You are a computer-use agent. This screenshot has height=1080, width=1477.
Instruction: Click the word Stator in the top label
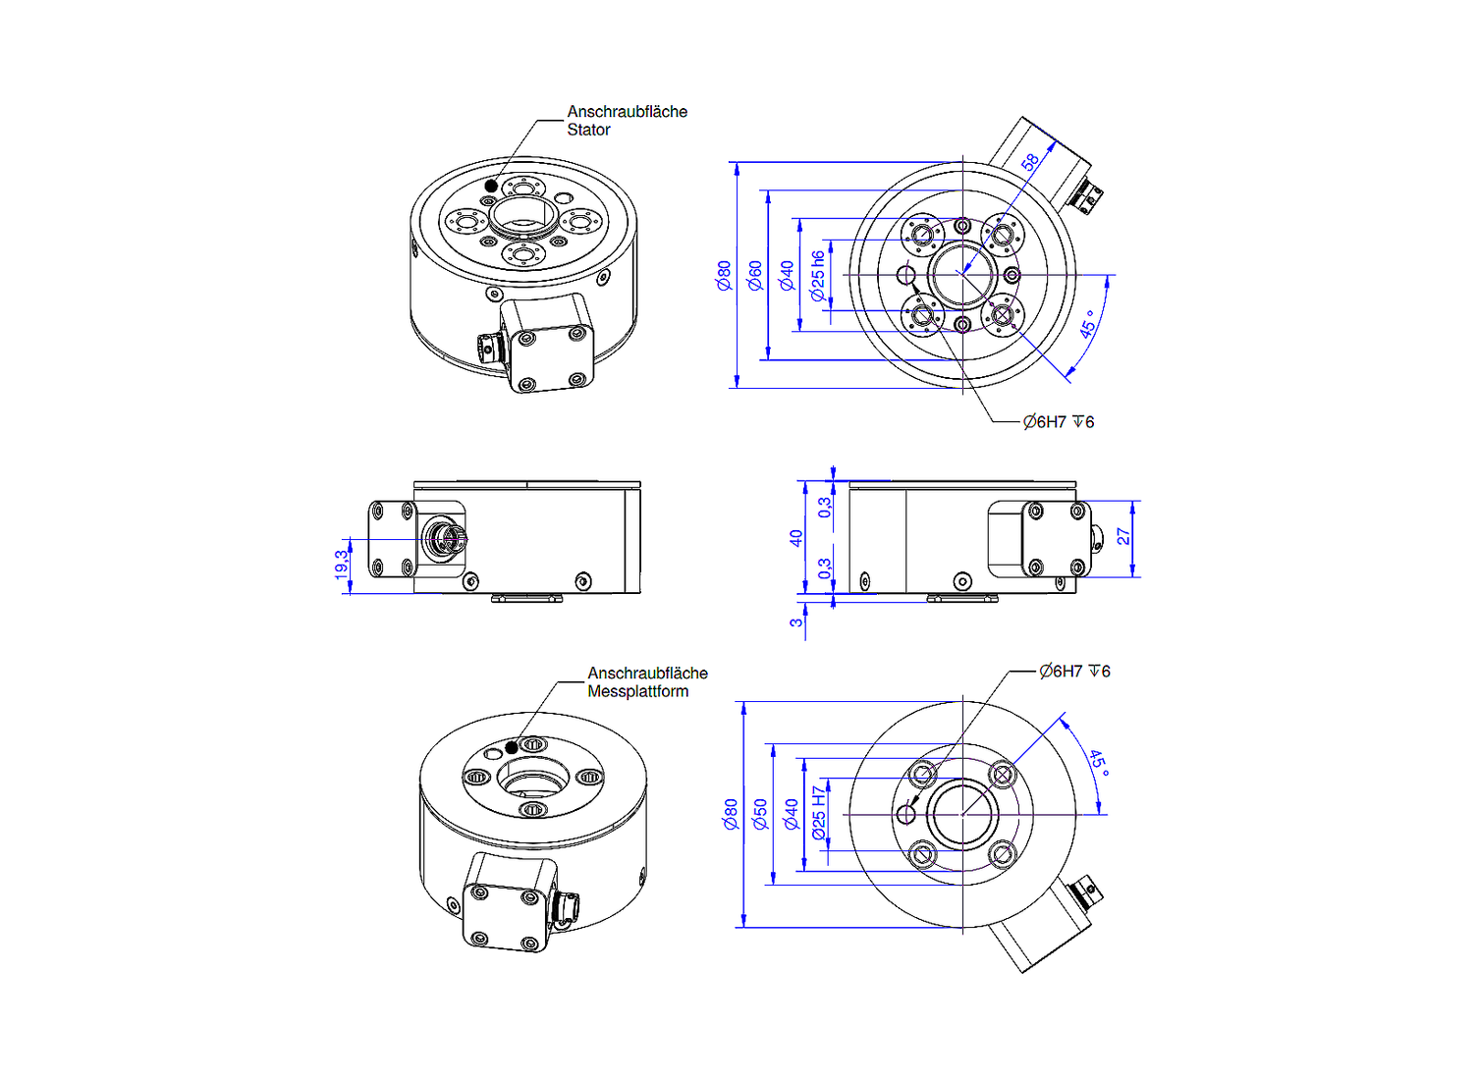pos(588,130)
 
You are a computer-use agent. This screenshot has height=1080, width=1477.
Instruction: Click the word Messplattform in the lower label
pos(637,691)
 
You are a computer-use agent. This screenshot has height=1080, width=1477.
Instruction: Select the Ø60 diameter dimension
pos(754,275)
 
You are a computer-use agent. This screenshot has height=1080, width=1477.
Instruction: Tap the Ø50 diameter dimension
pos(759,814)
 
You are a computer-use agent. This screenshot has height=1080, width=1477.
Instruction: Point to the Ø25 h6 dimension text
pos(818,276)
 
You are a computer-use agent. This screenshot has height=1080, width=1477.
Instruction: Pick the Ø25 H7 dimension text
pos(819,813)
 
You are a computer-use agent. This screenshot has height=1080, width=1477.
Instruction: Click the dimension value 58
pos(1029,163)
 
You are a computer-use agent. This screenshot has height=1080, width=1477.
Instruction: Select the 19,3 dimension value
pos(341,565)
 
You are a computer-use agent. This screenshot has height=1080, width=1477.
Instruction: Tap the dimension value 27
pos(1122,537)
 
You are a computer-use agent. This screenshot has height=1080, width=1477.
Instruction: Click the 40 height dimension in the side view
pos(795,538)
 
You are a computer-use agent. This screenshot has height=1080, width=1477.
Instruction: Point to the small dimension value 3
pos(795,621)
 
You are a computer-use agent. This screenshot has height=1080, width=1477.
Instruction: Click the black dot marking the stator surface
pos(491,186)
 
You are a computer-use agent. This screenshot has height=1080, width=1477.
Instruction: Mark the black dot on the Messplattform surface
pos(511,748)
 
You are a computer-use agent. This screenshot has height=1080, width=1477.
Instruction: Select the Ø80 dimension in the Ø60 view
pos(724,275)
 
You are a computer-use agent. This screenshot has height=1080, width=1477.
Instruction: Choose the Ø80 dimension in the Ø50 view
pos(730,814)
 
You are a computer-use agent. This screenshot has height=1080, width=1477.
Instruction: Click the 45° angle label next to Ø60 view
pos(1088,324)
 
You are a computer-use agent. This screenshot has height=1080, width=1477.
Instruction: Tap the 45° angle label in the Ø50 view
pos(1098,763)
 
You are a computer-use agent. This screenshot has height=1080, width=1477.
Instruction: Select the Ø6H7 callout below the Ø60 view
pos(1058,422)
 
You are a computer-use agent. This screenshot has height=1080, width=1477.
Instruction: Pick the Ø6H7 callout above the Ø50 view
pos(1074,672)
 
